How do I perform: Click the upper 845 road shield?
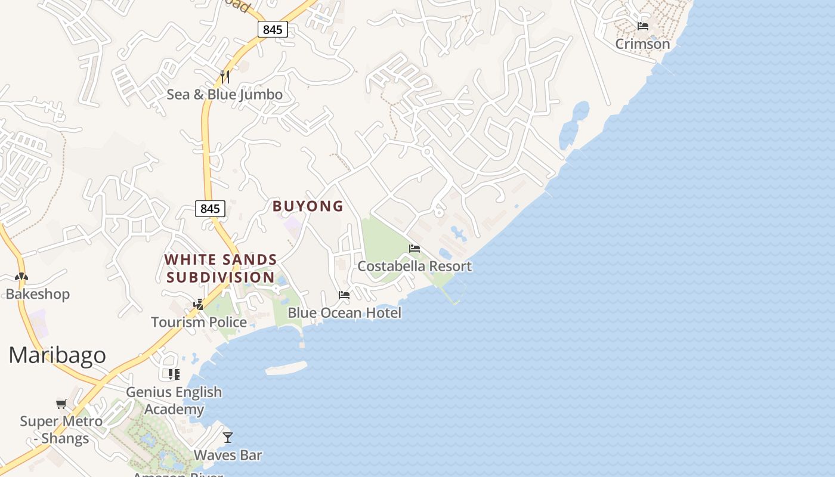point(273,29)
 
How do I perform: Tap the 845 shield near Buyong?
point(210,209)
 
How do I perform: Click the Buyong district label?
point(308,206)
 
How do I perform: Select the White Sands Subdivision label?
point(221,268)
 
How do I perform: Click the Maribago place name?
point(57,355)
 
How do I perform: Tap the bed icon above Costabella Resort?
point(415,249)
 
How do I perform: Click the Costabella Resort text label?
point(415,266)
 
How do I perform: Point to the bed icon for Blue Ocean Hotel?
point(344,295)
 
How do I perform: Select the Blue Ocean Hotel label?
point(344,312)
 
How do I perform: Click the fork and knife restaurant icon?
point(225,76)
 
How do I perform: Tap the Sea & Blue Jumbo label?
point(224,94)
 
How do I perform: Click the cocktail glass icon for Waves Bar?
point(228,438)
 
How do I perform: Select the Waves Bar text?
point(228,456)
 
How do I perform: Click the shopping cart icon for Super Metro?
point(61,404)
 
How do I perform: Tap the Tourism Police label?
point(199,322)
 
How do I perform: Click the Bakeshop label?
point(38,294)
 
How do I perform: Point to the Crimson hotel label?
point(642,44)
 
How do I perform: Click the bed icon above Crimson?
point(642,26)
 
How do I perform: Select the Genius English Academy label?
point(174,401)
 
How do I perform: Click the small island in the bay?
point(286,368)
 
